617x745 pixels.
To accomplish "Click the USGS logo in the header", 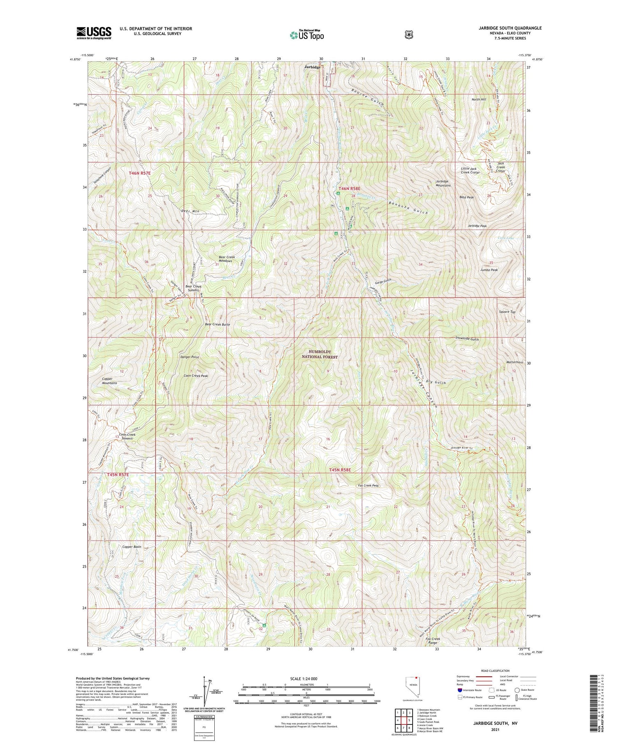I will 94,33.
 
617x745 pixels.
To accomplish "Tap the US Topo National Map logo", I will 306,35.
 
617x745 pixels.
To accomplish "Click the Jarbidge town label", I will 312,67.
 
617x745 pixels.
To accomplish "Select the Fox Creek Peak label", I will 368,485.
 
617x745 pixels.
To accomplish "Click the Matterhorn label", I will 515,362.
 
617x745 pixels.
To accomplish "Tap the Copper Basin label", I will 132,547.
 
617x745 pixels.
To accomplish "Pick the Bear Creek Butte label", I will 217,324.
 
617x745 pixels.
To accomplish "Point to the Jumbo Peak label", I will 489,270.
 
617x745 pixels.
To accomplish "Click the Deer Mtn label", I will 190,211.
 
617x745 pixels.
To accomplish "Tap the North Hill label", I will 478,99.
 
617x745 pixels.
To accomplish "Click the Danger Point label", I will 189,357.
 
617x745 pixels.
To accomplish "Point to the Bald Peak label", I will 466,197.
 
